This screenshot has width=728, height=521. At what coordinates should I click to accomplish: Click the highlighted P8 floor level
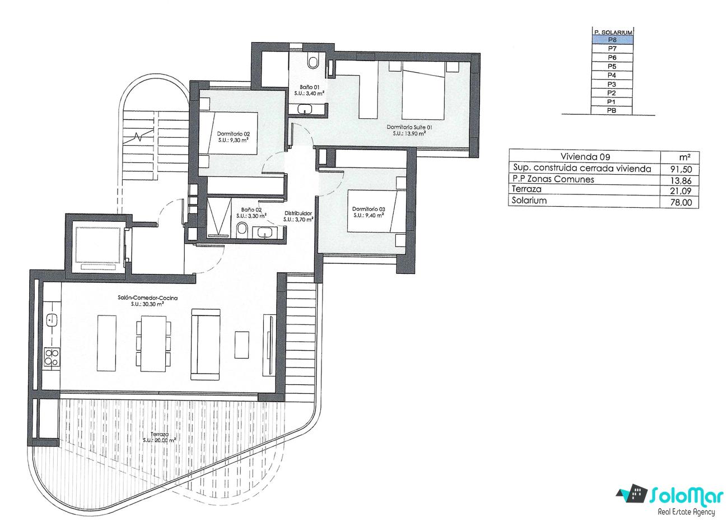pyautogui.click(x=612, y=40)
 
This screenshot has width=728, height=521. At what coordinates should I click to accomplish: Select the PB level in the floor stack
pyautogui.click(x=612, y=110)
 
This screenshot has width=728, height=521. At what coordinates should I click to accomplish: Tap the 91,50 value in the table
pyautogui.click(x=681, y=169)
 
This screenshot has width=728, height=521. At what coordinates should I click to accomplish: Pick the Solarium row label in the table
pyautogui.click(x=529, y=201)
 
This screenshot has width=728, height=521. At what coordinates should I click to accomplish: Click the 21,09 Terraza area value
pyautogui.click(x=680, y=191)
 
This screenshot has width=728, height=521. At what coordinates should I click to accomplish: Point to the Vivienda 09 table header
pyautogui.click(x=585, y=157)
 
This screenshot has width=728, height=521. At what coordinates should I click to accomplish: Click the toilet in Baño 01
pyautogui.click(x=313, y=62)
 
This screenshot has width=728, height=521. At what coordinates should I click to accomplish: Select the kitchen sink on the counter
pyautogui.click(x=52, y=320)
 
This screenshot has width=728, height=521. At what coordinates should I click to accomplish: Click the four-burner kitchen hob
pyautogui.click(x=52, y=357)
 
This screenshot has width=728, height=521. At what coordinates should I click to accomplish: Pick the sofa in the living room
pyautogui.click(x=206, y=345)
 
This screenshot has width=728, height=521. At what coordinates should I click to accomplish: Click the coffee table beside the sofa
pyautogui.click(x=242, y=345)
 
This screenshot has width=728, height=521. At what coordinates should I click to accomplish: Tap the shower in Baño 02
pyautogui.click(x=219, y=217)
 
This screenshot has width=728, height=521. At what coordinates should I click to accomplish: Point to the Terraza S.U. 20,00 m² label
pyautogui.click(x=159, y=437)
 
